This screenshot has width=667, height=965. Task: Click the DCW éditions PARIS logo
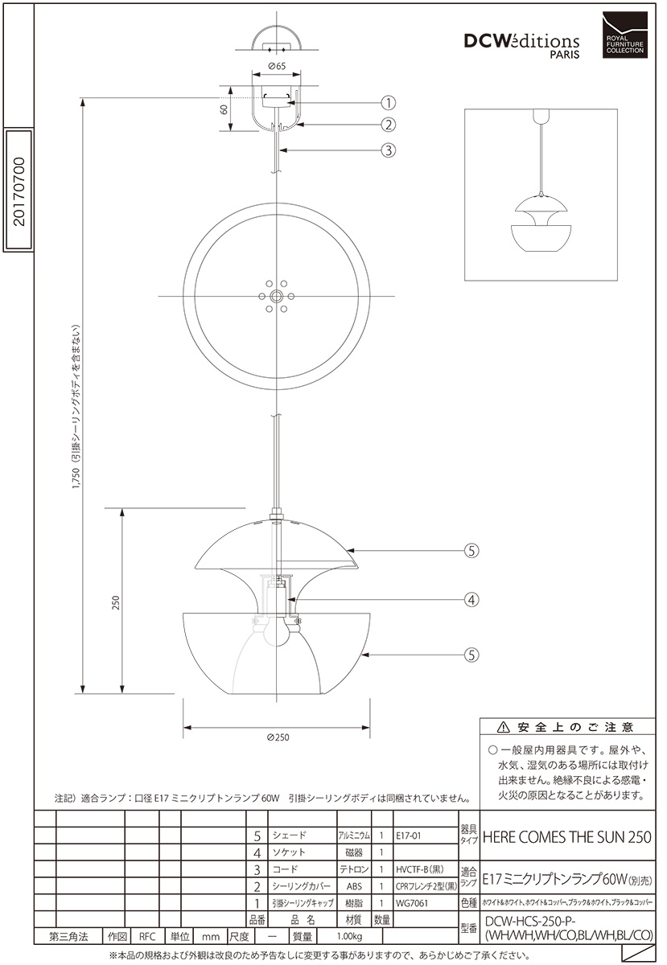click(x=521, y=46)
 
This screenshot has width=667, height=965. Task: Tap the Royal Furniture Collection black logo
click(x=624, y=35)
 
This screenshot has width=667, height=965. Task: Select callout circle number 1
click(x=389, y=103)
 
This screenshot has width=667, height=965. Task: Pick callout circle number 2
click(x=389, y=125)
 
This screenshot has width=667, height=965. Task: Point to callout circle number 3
click(x=389, y=150)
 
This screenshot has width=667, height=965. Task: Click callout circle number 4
click(x=471, y=599)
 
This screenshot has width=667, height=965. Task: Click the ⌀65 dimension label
click(x=276, y=66)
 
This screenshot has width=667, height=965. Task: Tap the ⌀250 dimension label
click(x=278, y=737)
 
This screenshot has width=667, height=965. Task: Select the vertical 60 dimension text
click(x=224, y=109)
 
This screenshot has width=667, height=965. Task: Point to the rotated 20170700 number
click(x=19, y=191)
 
